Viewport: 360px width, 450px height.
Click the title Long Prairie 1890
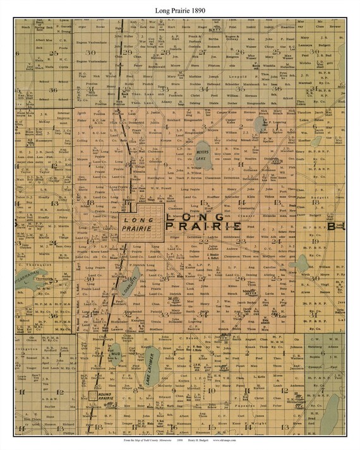(179, 10)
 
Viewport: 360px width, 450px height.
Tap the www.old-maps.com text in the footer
(228, 441)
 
